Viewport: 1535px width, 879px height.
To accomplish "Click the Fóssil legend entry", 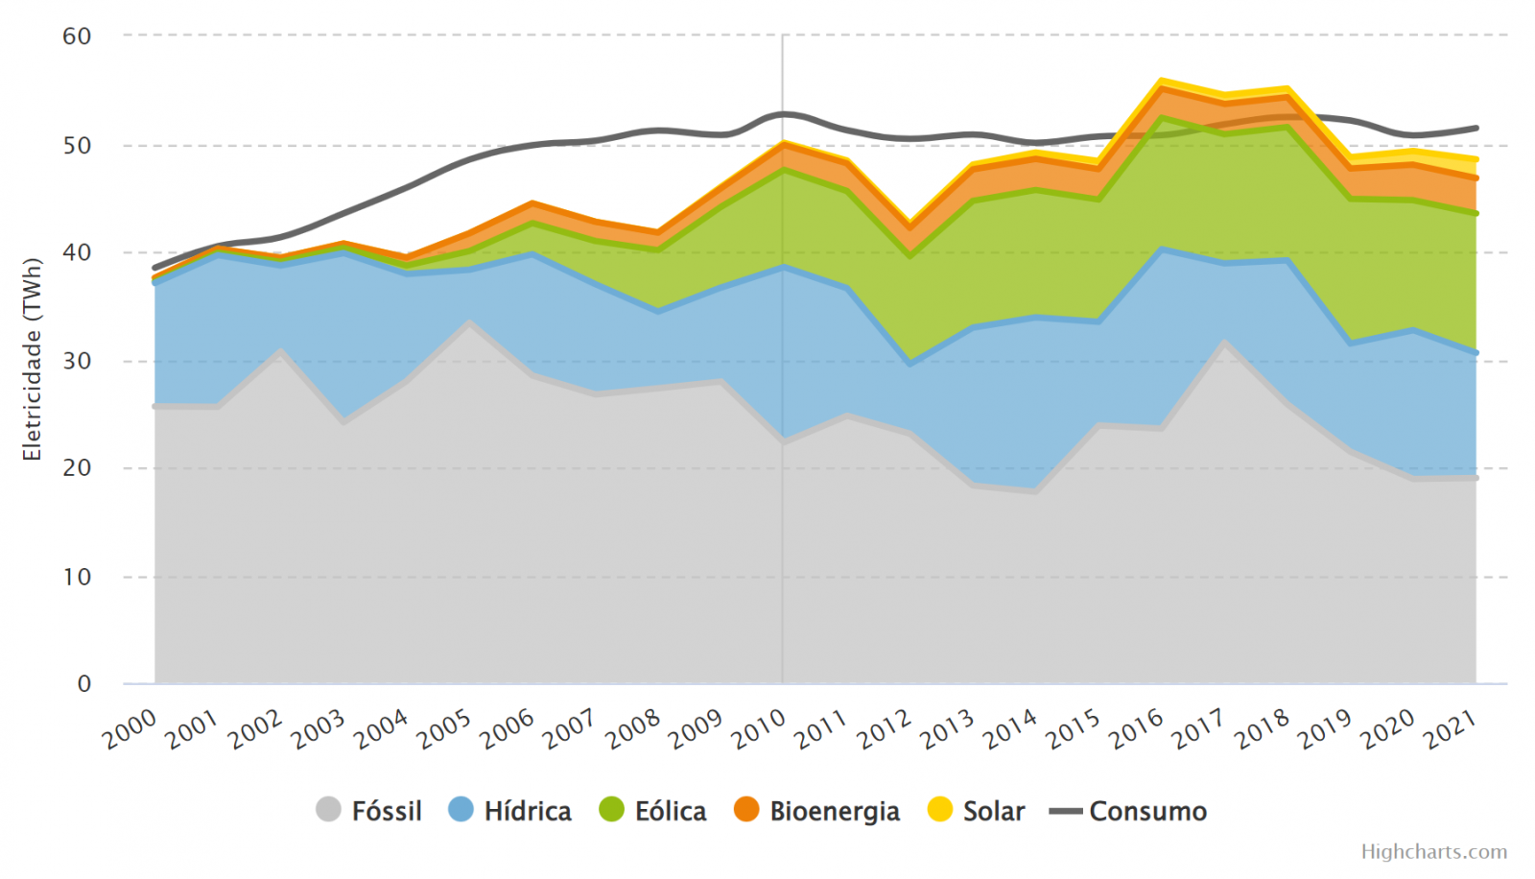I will pyautogui.click(x=369, y=811).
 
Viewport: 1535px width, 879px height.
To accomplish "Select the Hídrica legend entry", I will pyautogui.click(x=510, y=811).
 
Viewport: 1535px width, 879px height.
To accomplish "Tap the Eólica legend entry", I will pyautogui.click(x=653, y=811).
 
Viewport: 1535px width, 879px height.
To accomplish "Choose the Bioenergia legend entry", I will pyautogui.click(x=817, y=811).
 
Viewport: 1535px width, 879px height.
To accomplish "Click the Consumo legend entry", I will pyautogui.click(x=1129, y=811).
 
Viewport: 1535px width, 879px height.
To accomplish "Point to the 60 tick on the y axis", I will pyautogui.click(x=77, y=36).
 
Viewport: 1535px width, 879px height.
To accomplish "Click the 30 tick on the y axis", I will pyautogui.click(x=77, y=361).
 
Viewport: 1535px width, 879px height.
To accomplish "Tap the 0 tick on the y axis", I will pyautogui.click(x=84, y=684).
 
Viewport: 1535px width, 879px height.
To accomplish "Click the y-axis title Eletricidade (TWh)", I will pyautogui.click(x=33, y=360).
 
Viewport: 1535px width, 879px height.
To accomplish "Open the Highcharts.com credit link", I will pyautogui.click(x=1433, y=852).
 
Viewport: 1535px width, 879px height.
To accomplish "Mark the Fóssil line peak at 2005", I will pyautogui.click(x=469, y=322).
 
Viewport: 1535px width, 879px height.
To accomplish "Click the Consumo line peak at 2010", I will pyautogui.click(x=783, y=114).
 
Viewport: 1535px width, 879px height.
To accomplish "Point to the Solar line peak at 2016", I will pyautogui.click(x=1161, y=81).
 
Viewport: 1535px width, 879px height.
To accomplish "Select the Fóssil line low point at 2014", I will pyautogui.click(x=1035, y=490).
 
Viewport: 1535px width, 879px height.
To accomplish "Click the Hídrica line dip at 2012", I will pyautogui.click(x=909, y=364).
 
